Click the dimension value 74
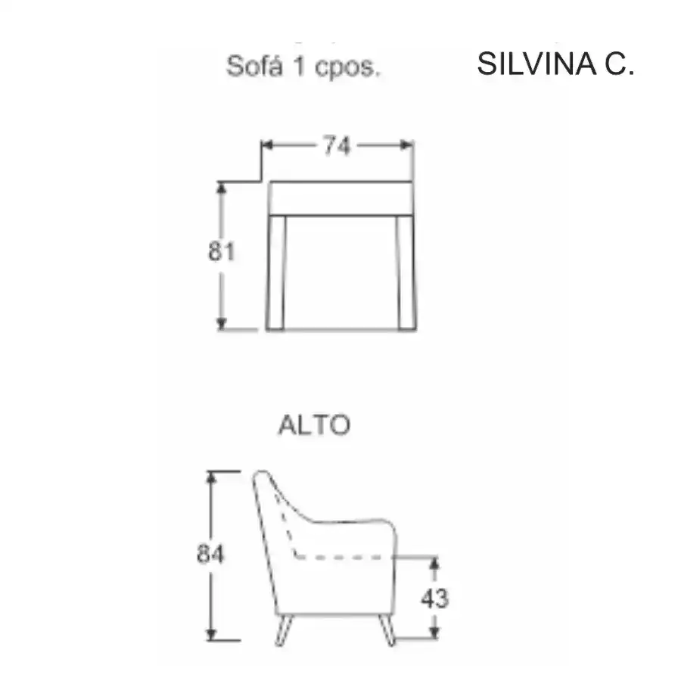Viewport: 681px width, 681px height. [336, 146]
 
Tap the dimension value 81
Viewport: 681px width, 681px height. [222, 251]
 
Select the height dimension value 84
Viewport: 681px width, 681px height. [210, 554]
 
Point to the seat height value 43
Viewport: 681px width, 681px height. [435, 599]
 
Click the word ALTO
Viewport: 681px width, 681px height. [314, 424]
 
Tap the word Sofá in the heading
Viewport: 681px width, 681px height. [255, 67]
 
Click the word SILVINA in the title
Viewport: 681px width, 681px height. [536, 64]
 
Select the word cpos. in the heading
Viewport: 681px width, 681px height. [347, 69]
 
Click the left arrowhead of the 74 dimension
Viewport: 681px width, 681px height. [266, 145]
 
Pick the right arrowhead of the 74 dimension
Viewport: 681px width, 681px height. [407, 145]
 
